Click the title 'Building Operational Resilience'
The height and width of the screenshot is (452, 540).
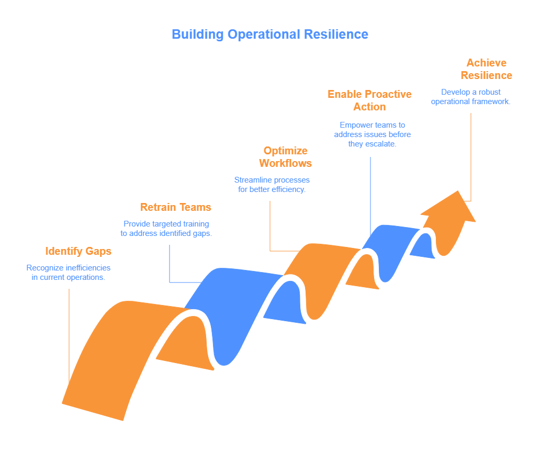pos(269,35)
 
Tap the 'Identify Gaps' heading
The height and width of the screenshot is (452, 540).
pos(78,251)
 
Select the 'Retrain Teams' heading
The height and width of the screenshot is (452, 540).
pos(176,207)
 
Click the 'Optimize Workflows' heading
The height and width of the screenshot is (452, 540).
pos(285,157)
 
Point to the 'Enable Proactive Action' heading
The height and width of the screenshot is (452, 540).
pos(369,100)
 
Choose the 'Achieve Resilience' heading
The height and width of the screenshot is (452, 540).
pos(487,69)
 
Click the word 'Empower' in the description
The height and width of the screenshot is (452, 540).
pos(354,125)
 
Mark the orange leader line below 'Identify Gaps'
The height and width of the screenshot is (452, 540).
pos(69,335)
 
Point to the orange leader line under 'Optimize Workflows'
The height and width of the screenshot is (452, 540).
pos(270,225)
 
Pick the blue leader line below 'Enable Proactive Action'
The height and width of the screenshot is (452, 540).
pos(370,194)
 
